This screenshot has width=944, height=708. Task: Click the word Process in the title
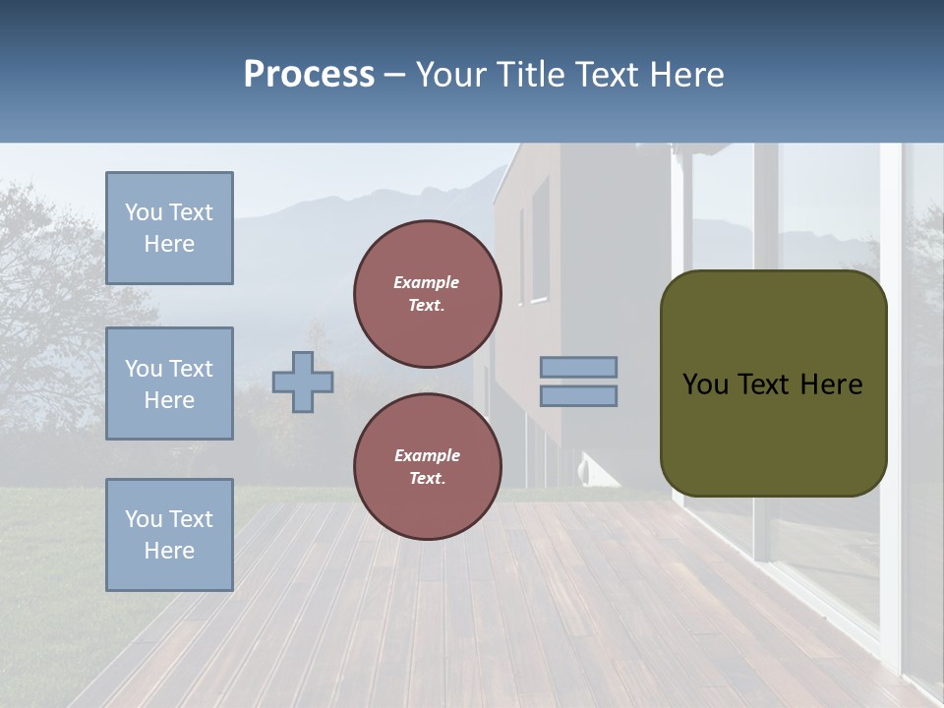click(x=309, y=75)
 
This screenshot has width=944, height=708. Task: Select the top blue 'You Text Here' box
click(x=169, y=228)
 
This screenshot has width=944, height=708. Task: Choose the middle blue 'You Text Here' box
click(x=169, y=383)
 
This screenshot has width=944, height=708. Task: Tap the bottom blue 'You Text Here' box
click(x=169, y=534)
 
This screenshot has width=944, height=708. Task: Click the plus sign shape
click(x=303, y=382)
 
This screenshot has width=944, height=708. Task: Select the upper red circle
click(x=428, y=293)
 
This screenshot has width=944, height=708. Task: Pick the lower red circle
click(x=428, y=466)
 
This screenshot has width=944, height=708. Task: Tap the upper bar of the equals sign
click(x=579, y=367)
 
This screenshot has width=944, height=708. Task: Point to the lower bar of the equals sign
click(x=579, y=396)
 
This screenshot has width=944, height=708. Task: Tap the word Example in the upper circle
click(x=426, y=282)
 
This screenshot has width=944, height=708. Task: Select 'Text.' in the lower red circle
click(x=427, y=478)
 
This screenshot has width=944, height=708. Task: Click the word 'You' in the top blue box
click(x=144, y=212)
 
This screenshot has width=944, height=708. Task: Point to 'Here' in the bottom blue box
click(x=169, y=551)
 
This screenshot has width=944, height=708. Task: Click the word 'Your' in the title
click(x=451, y=75)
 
